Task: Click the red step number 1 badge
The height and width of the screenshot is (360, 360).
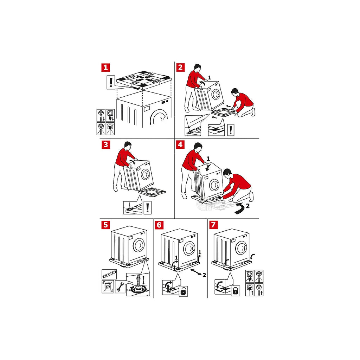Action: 105,67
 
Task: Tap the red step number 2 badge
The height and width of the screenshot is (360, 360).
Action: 180,67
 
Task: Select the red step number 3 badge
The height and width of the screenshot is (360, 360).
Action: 105,144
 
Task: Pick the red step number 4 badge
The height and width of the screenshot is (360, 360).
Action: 180,144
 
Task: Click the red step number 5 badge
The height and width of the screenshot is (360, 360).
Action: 105,225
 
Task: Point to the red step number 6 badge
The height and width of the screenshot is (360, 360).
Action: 159,225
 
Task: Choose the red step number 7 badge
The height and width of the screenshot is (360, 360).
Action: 213,225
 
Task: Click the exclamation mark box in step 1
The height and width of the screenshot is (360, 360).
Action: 111,82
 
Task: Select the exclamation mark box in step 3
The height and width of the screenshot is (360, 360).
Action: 147,207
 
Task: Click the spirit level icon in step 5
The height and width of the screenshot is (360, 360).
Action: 109,274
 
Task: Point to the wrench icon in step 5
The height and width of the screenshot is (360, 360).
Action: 120,286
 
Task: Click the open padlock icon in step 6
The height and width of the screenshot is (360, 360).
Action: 183,291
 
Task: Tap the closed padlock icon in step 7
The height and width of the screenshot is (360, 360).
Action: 235,291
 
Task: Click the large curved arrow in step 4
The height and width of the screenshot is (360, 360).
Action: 240,208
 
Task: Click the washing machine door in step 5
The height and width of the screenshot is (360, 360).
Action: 139,245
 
